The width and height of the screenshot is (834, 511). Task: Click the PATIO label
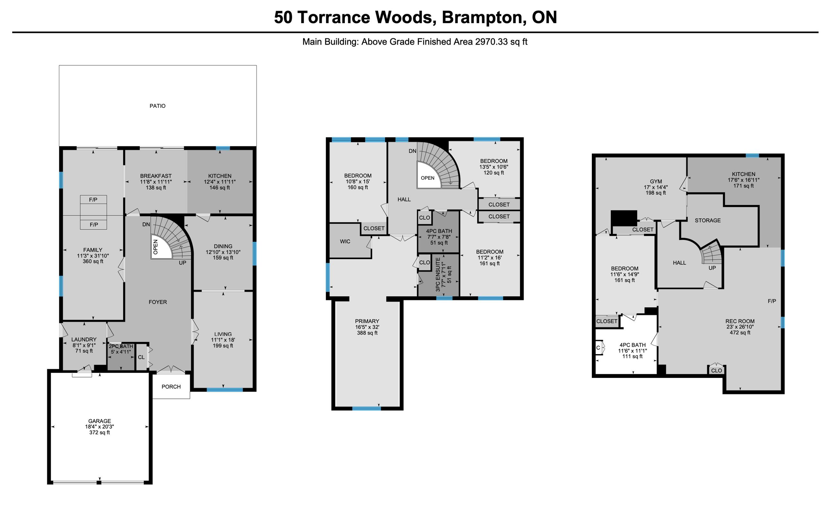(x=157, y=106)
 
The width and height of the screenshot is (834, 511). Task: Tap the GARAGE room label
(x=99, y=421)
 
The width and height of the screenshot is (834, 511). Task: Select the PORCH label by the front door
(x=171, y=387)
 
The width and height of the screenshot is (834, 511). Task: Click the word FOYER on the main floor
(x=158, y=302)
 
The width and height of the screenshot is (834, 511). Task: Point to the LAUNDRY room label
(x=84, y=339)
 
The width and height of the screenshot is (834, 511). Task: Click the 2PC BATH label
(x=121, y=346)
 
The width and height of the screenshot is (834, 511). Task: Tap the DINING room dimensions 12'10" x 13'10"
(x=223, y=252)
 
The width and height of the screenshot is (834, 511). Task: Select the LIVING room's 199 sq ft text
(x=223, y=345)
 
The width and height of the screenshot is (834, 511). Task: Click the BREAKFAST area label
(x=156, y=176)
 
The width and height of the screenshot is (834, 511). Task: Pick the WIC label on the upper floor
(x=345, y=241)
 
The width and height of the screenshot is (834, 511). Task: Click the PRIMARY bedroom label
(x=367, y=321)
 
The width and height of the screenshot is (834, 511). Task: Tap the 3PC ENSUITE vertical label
(x=438, y=275)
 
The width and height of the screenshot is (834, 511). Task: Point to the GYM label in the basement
(x=656, y=181)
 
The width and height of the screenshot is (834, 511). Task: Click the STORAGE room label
(x=708, y=220)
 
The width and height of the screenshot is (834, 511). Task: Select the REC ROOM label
(x=740, y=321)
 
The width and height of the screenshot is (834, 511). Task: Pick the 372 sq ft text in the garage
(x=99, y=432)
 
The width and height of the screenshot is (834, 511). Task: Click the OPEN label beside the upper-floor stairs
(x=428, y=178)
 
